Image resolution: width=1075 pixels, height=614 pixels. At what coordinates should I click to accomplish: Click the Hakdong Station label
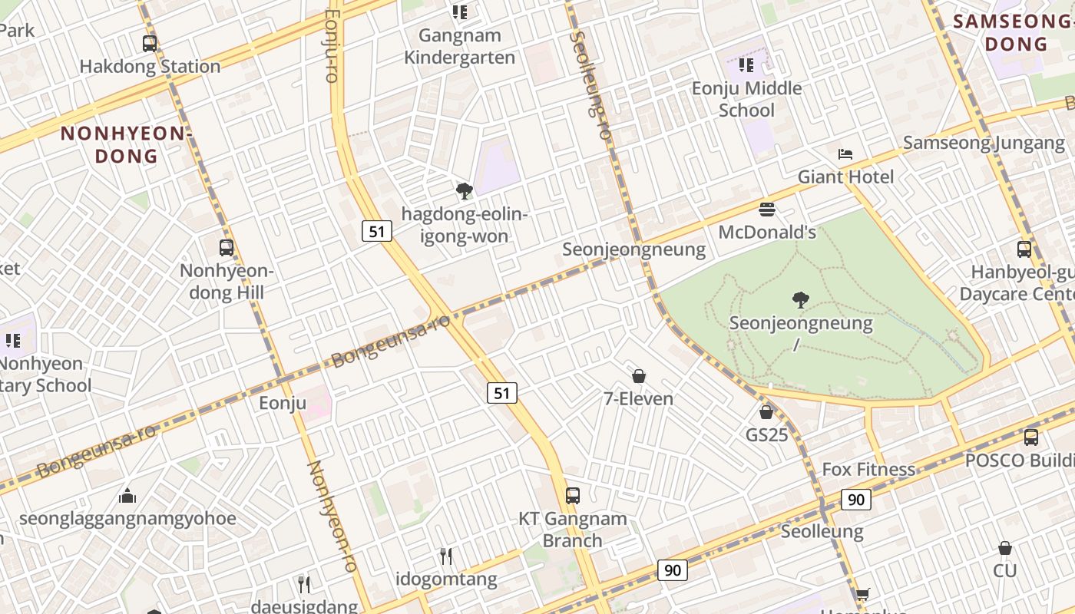click(150, 67)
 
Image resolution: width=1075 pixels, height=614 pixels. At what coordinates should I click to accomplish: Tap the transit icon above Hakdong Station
click(150, 44)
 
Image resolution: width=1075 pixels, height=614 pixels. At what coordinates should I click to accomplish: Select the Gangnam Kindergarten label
click(460, 46)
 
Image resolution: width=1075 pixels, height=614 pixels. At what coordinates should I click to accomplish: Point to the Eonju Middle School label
click(746, 99)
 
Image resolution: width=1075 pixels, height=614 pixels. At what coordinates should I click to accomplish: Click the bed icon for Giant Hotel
click(845, 154)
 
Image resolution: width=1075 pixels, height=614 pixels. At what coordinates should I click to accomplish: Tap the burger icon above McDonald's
click(766, 210)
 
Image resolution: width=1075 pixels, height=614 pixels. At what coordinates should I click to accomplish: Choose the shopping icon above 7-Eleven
click(638, 376)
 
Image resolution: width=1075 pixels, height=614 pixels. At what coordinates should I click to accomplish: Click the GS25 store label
click(766, 435)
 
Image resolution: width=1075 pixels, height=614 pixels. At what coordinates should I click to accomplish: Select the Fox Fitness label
click(868, 469)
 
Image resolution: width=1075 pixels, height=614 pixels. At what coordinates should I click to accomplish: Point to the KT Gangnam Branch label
click(572, 530)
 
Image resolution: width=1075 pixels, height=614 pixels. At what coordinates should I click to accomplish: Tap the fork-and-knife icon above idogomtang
click(446, 556)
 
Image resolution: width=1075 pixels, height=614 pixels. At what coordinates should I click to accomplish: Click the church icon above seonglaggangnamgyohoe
click(127, 496)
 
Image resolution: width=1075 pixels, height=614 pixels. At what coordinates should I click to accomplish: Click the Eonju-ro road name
click(332, 46)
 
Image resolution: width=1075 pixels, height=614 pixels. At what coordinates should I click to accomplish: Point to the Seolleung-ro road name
click(591, 84)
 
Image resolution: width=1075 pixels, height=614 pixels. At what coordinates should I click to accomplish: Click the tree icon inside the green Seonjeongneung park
click(800, 300)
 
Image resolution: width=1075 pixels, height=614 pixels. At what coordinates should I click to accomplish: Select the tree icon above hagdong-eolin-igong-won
click(464, 191)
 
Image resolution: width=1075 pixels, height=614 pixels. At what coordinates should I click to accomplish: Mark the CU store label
click(1004, 570)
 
